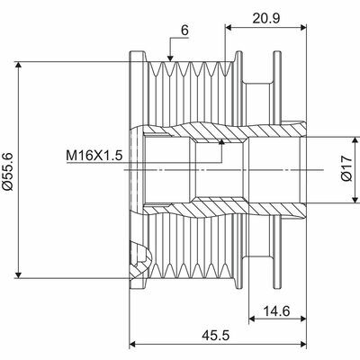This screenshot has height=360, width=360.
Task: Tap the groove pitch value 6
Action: pos(184,29)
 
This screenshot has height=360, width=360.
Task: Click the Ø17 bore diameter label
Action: pos(346,171)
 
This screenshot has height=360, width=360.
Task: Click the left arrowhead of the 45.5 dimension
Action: pos(135,343)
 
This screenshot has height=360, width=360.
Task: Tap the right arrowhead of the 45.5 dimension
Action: pos(304,343)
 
